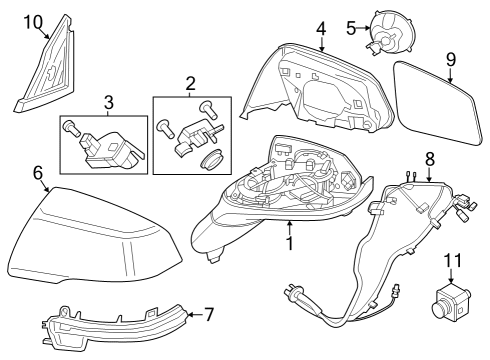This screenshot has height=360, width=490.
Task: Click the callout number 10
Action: coord(34,23)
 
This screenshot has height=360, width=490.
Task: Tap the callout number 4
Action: coord(321,29)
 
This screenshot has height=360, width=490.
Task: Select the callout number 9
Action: coord(451,59)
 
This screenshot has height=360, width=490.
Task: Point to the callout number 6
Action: coord(38,173)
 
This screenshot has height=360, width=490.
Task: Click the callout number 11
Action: coord(453,260)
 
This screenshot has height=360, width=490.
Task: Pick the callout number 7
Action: coord(209,315)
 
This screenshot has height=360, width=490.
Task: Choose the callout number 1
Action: coord(290,243)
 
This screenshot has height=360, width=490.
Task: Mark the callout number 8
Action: coord(430,159)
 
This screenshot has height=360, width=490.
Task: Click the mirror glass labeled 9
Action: coord(438,103)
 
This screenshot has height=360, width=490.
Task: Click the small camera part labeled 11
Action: coord(451,299)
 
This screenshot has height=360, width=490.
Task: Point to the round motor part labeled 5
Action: coord(392,32)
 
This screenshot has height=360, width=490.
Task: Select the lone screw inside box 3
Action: coord(71,128)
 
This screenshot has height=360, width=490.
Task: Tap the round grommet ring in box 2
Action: coord(211,158)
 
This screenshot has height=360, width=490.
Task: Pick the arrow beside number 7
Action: coord(195,314)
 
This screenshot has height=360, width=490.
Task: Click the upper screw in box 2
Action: coord(208,110)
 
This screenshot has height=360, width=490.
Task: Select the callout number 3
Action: coord(109,103)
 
